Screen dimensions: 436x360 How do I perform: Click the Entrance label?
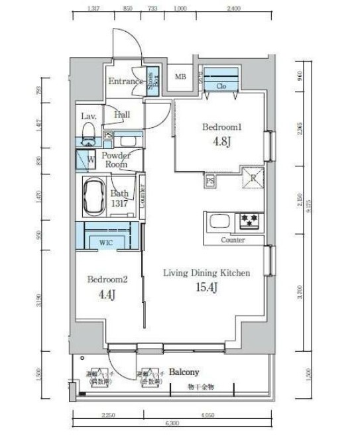126,82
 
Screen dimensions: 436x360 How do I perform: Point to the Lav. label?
88,116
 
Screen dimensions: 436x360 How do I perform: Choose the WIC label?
106,243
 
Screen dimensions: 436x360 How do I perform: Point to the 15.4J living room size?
206,286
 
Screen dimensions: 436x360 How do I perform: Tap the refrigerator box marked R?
253,177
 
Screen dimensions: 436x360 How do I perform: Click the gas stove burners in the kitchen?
250,219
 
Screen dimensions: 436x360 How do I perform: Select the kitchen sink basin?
218,220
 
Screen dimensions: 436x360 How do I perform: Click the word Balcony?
184,372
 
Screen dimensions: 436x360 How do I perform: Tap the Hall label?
121,115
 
